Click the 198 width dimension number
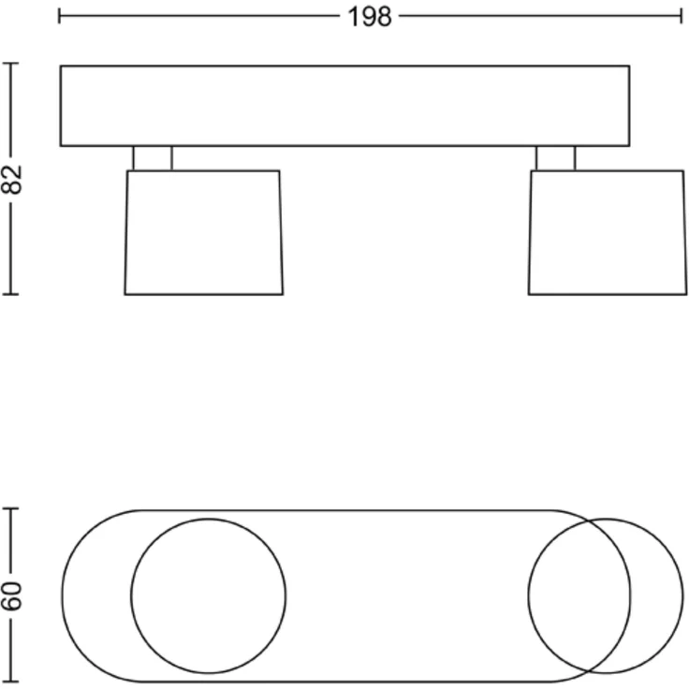pos(369,17)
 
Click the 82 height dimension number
pos(11,180)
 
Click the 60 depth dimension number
pos(11,595)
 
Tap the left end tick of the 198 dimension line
pos(59,16)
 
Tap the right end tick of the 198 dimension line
pos(681,16)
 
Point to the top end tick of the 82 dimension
pos(10,64)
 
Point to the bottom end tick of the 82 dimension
pos(10,294)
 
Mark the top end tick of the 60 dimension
pos(10,508)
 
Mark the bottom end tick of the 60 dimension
pos(10,682)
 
